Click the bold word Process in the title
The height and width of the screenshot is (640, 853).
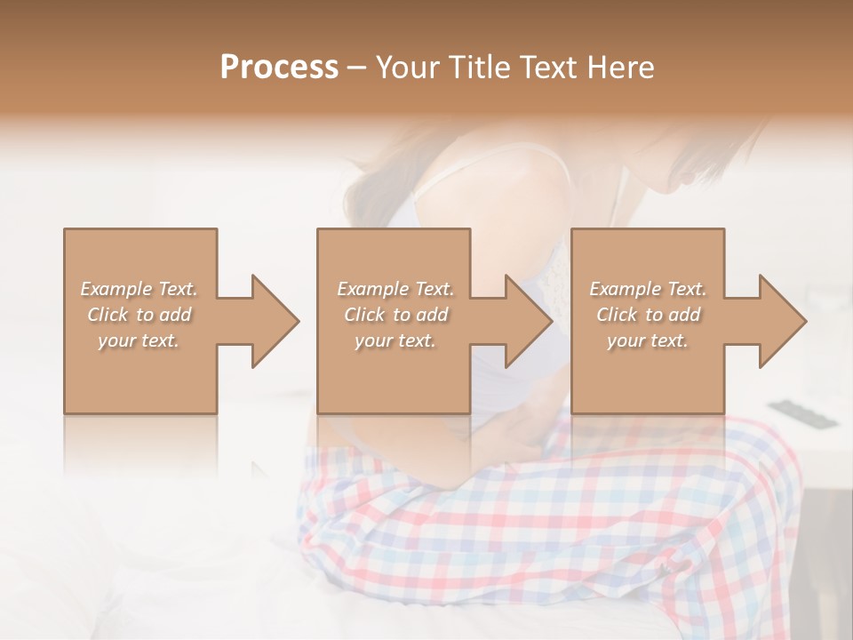(279, 68)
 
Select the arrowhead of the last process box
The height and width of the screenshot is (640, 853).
(781, 321)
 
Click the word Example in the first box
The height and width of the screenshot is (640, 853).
(116, 289)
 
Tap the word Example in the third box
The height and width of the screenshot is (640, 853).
(625, 289)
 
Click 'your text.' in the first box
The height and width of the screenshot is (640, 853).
(139, 340)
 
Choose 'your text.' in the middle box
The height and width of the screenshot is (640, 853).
(395, 340)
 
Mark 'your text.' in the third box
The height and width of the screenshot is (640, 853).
(648, 340)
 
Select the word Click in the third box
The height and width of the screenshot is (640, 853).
(618, 315)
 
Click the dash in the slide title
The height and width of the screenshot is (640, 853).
(356, 68)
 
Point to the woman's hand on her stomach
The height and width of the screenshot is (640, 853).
(515, 427)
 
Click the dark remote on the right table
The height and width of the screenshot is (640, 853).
(800, 414)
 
